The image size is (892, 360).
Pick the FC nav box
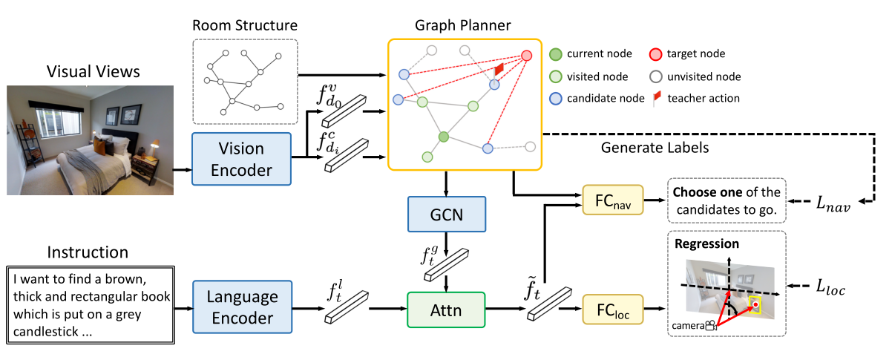click(613, 200)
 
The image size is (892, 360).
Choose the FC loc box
click(613, 307)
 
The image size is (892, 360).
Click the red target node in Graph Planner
click(526, 56)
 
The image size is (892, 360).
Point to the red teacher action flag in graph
click(499, 69)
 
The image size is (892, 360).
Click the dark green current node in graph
click(444, 137)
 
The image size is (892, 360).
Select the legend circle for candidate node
click(556, 98)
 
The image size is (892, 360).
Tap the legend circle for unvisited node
click(656, 76)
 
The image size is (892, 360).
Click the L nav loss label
click(830, 203)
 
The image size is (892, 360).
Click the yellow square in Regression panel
click(755, 304)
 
